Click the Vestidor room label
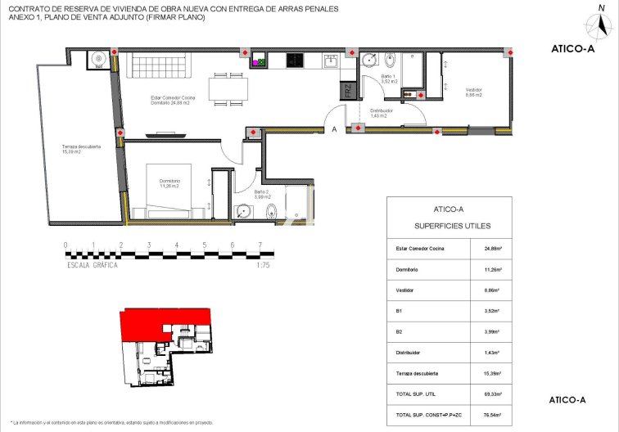point(473,92)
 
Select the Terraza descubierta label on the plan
point(81,149)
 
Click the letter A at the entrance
point(333,129)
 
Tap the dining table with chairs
point(228,88)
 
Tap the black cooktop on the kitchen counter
point(295,60)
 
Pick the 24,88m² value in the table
point(492,248)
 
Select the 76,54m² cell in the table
point(492,416)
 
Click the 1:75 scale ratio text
point(263,265)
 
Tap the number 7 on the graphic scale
point(260,245)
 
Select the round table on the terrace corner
point(97,59)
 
